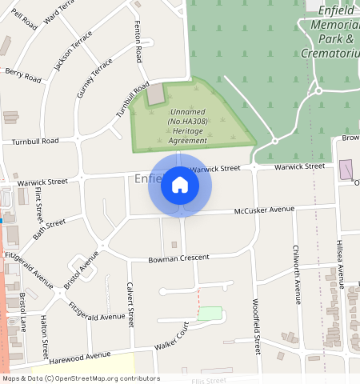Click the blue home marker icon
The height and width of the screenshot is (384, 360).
pyautogui.click(x=180, y=186)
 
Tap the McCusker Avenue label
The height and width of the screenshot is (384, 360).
pyautogui.click(x=264, y=210)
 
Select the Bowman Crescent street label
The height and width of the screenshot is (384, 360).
pyautogui.click(x=178, y=258)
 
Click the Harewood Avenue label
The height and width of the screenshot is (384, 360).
pyautogui.click(x=79, y=355)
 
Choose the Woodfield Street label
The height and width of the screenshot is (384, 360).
pyautogui.click(x=257, y=326)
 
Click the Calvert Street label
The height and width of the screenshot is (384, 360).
pyautogui.click(x=129, y=304)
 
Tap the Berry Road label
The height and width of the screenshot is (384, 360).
pyautogui.click(x=22, y=76)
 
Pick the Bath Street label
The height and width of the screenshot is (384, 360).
pyautogui.click(x=49, y=229)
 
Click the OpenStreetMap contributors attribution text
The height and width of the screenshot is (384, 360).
pyautogui.click(x=80, y=378)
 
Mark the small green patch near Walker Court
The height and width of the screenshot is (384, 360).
pyautogui.click(x=209, y=314)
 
